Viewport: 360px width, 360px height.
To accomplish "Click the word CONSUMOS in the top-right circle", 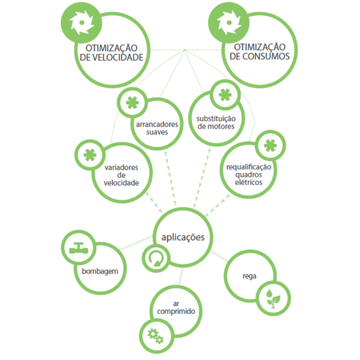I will (266, 57).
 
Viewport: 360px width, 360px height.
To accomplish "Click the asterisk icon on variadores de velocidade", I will (89, 154).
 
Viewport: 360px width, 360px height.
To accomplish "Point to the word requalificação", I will (248, 166).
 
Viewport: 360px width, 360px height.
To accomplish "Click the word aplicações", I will (182, 237).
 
